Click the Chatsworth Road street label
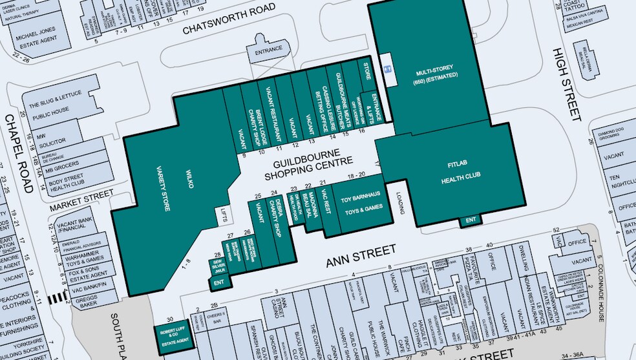pyautogui.click(x=229, y=19)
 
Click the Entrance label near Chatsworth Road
pyautogui.click(x=269, y=50)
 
